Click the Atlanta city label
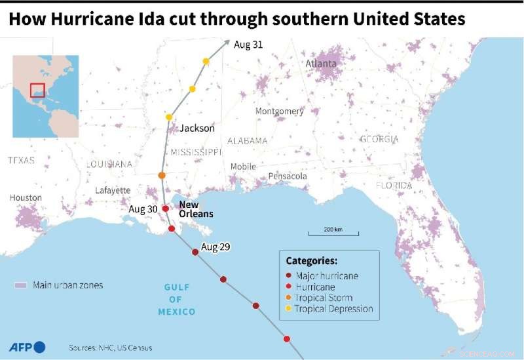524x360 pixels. pos(321,64)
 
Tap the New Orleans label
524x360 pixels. pos(196,209)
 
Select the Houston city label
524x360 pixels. pos(26,197)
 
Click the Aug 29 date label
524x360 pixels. pos(217,247)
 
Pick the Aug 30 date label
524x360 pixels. pos(143,209)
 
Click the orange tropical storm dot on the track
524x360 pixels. pos(162,176)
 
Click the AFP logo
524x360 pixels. pos(26,347)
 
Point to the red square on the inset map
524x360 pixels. pos(37,90)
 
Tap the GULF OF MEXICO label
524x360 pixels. pos(176,299)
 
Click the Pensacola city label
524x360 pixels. pos(288,176)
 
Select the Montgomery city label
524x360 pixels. pos(279,111)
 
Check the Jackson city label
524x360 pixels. pos(197,129)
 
